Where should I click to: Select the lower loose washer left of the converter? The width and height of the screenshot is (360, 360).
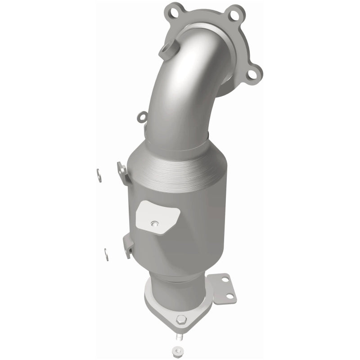pos(107,254)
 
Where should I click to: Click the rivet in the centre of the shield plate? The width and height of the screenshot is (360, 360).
pos(155,222)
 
